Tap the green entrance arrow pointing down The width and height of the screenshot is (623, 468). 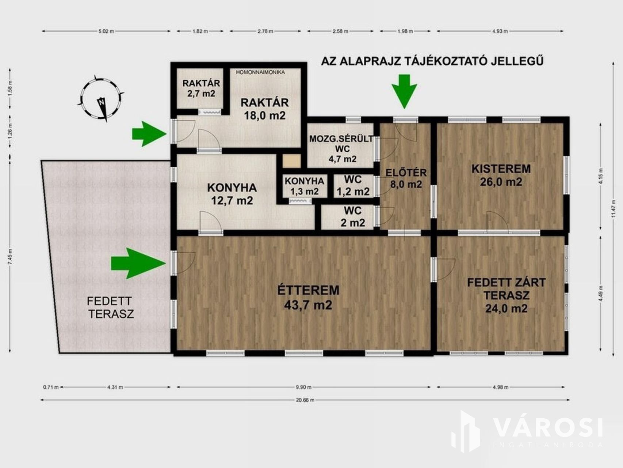[x=404, y=91]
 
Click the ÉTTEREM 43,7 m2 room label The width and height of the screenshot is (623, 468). [x=308, y=297]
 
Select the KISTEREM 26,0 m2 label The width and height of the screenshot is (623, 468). [x=501, y=175]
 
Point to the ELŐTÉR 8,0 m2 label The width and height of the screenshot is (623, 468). [x=406, y=178]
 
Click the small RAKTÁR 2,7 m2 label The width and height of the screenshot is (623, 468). [x=201, y=88]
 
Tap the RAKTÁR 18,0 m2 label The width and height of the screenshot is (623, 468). [x=264, y=109]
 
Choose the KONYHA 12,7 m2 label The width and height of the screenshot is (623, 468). [x=232, y=194]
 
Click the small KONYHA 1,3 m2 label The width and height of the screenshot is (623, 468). [x=304, y=186]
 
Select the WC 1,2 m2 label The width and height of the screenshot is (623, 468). [x=353, y=185]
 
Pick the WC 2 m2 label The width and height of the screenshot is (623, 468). [x=353, y=216]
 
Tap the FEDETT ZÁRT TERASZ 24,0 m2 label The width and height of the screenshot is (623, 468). [x=507, y=295]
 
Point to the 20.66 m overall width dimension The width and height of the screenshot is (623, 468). [x=305, y=400]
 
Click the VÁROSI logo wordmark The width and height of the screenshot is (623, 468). [x=548, y=428]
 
